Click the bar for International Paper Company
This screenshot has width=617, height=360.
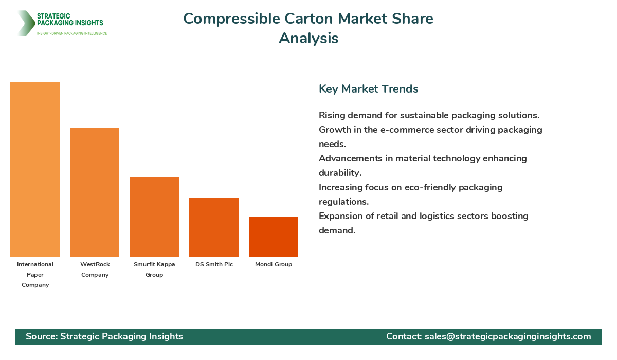point(35,170)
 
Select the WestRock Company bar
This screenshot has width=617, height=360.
point(95,192)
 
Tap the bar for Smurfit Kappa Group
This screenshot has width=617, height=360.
point(154,217)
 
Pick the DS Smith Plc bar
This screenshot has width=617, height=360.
point(214,227)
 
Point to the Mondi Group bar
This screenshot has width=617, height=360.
point(274,237)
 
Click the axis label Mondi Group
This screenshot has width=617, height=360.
point(274,264)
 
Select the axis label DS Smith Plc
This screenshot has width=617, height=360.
point(214,264)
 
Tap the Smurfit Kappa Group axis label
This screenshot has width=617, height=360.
point(154,269)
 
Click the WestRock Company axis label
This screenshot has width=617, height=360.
point(95,269)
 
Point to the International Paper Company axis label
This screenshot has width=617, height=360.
point(35,275)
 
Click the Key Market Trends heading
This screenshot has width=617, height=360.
point(368,88)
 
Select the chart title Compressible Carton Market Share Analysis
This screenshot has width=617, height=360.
point(308,28)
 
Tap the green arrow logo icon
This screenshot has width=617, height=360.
point(25,23)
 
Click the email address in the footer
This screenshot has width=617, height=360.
point(508,336)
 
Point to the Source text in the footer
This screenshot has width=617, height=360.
point(104,336)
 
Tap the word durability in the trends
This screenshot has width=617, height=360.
point(340,173)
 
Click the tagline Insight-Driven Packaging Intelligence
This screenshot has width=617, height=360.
point(72,33)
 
